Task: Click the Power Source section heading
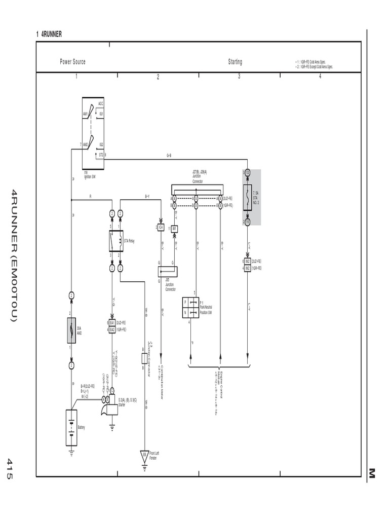[72, 62]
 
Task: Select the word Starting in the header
[235, 62]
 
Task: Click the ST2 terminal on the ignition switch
[101, 154]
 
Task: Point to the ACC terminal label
[101, 103]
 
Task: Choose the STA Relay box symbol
[116, 240]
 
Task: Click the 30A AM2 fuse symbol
[71, 330]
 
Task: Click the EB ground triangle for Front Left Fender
[144, 454]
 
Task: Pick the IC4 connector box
[161, 227]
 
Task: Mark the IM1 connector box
[174, 229]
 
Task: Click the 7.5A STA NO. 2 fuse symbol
[247, 197]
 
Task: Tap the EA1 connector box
[111, 322]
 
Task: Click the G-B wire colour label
[169, 155]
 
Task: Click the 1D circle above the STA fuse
[247, 173]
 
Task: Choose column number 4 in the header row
[320, 77]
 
